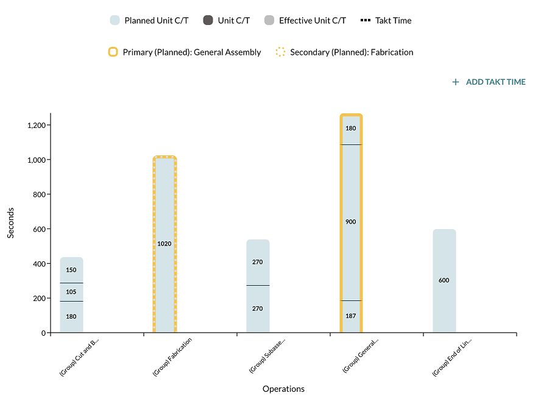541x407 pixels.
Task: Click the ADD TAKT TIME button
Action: point(489,82)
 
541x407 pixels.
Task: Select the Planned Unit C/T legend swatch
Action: point(115,21)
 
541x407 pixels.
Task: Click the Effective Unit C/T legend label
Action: point(312,21)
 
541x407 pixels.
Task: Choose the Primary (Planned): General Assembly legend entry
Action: point(185,52)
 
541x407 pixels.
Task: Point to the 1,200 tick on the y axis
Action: point(38,126)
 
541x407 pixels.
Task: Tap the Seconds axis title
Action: point(11,223)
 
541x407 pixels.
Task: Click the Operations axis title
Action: point(283,389)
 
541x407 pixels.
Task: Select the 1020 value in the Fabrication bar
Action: point(164,244)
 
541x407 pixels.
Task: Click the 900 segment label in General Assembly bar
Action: point(351,222)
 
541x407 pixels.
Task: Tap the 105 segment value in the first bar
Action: point(71,292)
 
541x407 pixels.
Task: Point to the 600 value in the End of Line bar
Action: point(444,280)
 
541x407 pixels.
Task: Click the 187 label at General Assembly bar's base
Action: point(351,316)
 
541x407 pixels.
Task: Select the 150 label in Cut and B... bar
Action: point(71,270)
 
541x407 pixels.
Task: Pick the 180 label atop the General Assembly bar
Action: point(351,129)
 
